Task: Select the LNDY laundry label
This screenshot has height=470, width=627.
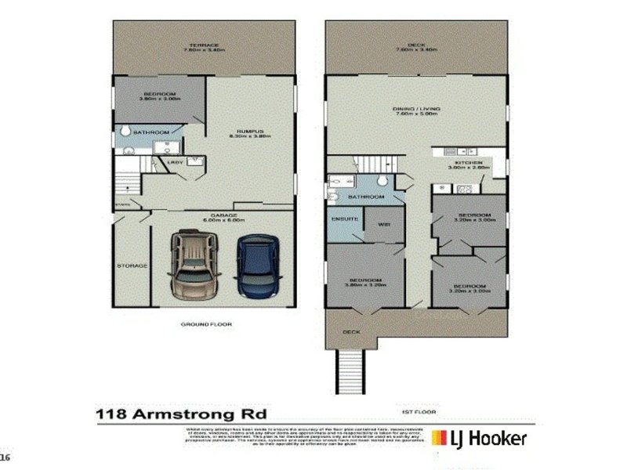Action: coord(176,163)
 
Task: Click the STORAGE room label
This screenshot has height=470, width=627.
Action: coord(132,266)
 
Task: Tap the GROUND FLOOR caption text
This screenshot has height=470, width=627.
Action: coord(201,324)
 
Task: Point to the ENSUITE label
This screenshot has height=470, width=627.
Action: coord(345,220)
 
